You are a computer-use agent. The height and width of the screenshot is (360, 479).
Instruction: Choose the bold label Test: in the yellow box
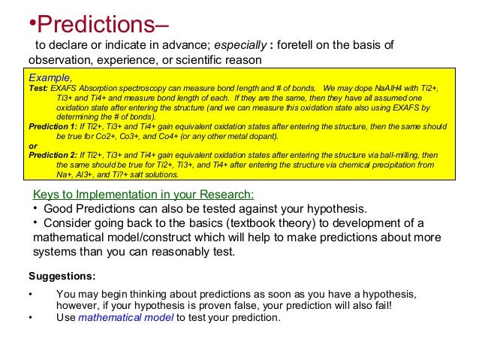40,88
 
